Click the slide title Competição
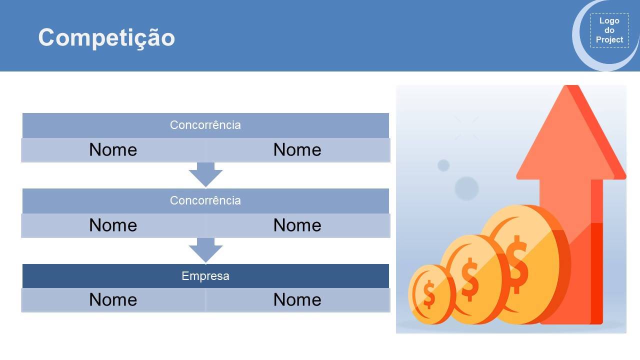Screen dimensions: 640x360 point(106,37)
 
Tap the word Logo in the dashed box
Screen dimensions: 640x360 point(609,21)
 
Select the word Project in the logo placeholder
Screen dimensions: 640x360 point(609,39)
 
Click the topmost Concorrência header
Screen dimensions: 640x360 point(205,125)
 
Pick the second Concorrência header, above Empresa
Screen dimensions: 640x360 point(205,200)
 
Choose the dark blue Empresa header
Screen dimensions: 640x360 point(205,276)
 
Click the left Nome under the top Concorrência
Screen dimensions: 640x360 point(113,149)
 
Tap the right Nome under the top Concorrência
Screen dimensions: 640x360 point(297,149)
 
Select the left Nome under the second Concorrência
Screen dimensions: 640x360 point(113,225)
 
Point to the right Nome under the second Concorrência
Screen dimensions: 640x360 point(297,225)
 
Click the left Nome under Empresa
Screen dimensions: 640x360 point(113,299)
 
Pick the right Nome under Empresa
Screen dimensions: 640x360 point(297,299)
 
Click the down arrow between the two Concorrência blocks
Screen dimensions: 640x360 point(205,175)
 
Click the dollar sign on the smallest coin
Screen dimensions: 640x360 point(429,294)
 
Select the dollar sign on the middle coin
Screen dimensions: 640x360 point(469,279)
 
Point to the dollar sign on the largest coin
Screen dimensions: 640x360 point(517,265)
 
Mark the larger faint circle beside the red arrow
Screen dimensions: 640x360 point(466,188)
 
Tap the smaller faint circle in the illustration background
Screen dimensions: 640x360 point(443,165)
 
